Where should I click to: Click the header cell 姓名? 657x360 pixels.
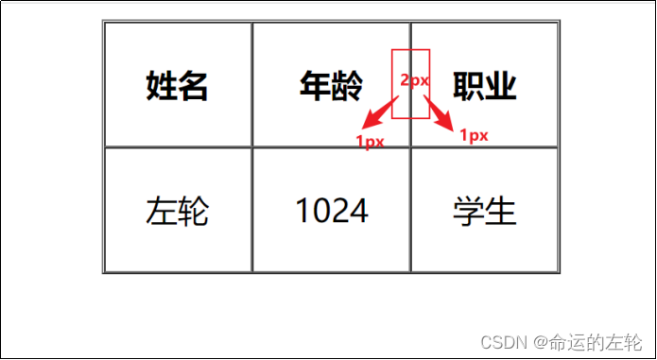coord(177,86)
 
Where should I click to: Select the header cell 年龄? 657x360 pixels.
coord(331,86)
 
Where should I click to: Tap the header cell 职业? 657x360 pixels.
coord(485,86)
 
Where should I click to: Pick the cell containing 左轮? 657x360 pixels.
coord(177,210)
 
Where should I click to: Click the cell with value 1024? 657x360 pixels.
coord(331,210)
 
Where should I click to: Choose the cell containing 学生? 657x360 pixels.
coord(485,210)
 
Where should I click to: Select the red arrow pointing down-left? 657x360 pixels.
coord(380,111)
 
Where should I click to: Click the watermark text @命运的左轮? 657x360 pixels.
coord(586,340)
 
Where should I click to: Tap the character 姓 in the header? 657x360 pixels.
coord(161,86)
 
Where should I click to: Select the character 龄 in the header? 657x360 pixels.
coord(347,86)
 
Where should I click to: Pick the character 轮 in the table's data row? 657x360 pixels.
coord(193,210)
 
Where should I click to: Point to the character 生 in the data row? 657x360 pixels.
coord(501,210)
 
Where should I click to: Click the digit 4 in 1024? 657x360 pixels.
coord(358,210)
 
